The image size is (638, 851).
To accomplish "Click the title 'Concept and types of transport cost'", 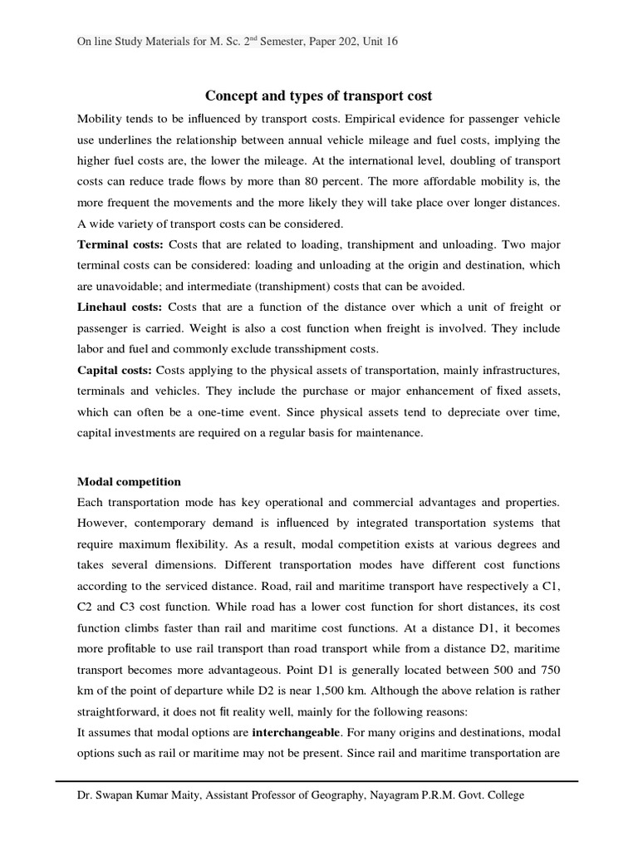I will [318, 96].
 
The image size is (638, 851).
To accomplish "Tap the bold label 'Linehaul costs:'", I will [119, 307].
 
